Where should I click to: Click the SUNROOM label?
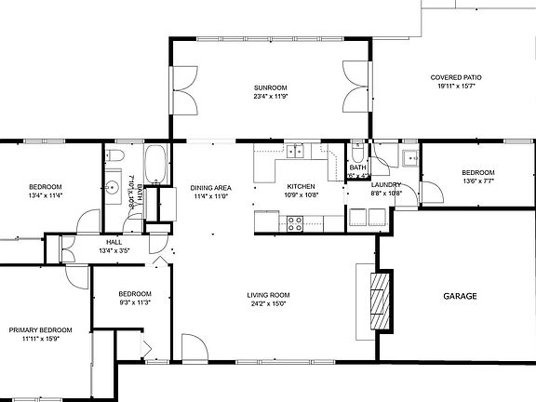[270, 87]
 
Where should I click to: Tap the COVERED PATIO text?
[456, 77]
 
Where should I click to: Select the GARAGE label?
[460, 296]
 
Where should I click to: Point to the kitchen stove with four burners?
[295, 222]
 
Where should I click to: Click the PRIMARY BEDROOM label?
[40, 329]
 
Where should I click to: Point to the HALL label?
[114, 242]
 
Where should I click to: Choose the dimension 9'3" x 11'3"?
[135, 302]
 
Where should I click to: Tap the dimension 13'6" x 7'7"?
[478, 181]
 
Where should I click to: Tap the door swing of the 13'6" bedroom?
[431, 193]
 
